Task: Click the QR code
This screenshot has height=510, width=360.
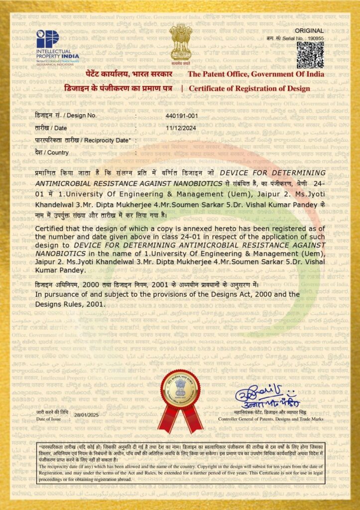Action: tap(310, 54)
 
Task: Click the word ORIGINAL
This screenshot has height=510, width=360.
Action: tap(313, 31)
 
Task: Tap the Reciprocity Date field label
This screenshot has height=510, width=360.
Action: tap(83, 140)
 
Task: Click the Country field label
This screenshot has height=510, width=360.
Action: tap(51, 152)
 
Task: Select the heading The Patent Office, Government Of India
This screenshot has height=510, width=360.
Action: tap(255, 74)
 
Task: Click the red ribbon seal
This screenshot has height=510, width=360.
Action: tap(180, 398)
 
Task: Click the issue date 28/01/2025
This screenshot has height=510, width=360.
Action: tap(87, 415)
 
